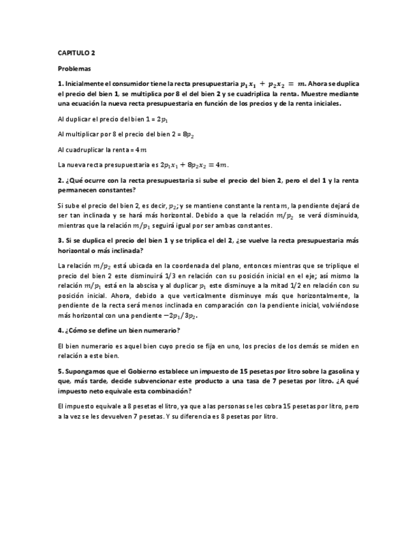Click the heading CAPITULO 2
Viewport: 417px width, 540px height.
76,54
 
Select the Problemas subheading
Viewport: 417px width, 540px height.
74,68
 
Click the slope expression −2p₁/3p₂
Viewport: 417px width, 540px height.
177,316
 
